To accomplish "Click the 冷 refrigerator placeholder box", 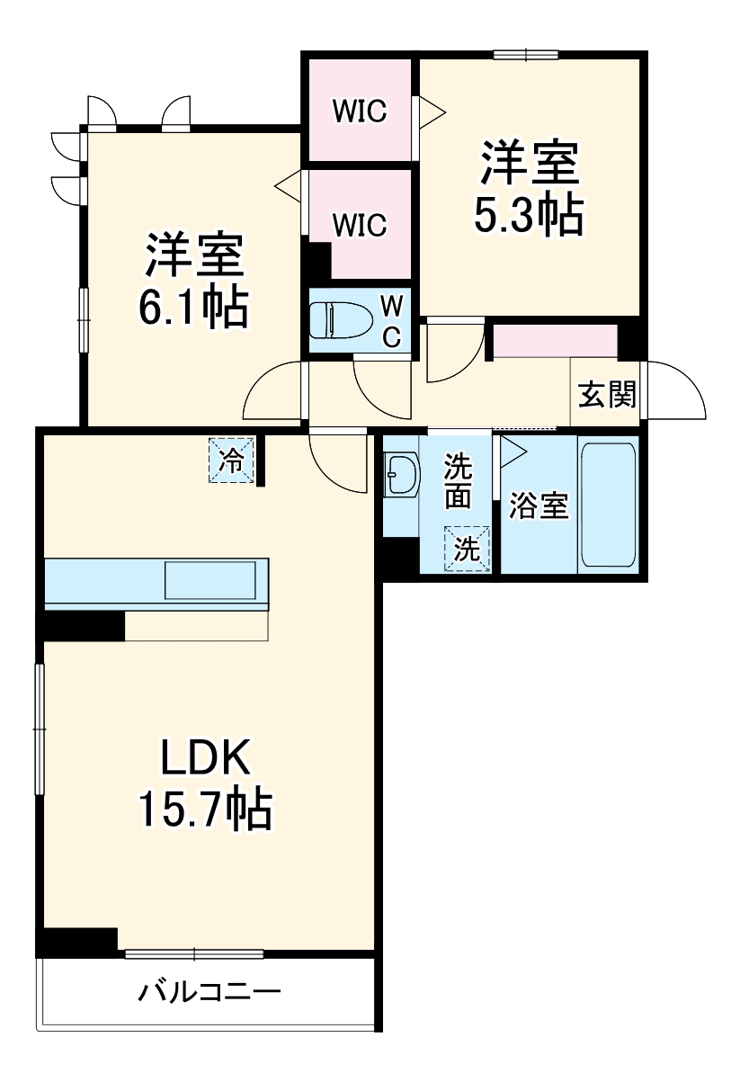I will pos(232,461).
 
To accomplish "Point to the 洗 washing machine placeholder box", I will pos(466,548).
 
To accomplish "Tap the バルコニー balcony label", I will pos(209,994).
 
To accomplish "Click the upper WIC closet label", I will pos(359,112).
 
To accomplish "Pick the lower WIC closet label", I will pos(359,224).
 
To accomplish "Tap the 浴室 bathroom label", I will pos(539,506).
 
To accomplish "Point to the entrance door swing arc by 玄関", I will pos(676,391).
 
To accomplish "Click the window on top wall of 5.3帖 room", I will pos(526,54).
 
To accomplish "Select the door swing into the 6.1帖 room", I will pos(274,391).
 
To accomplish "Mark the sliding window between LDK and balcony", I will pos(194,953).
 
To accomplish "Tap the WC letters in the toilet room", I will pos(390,321).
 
